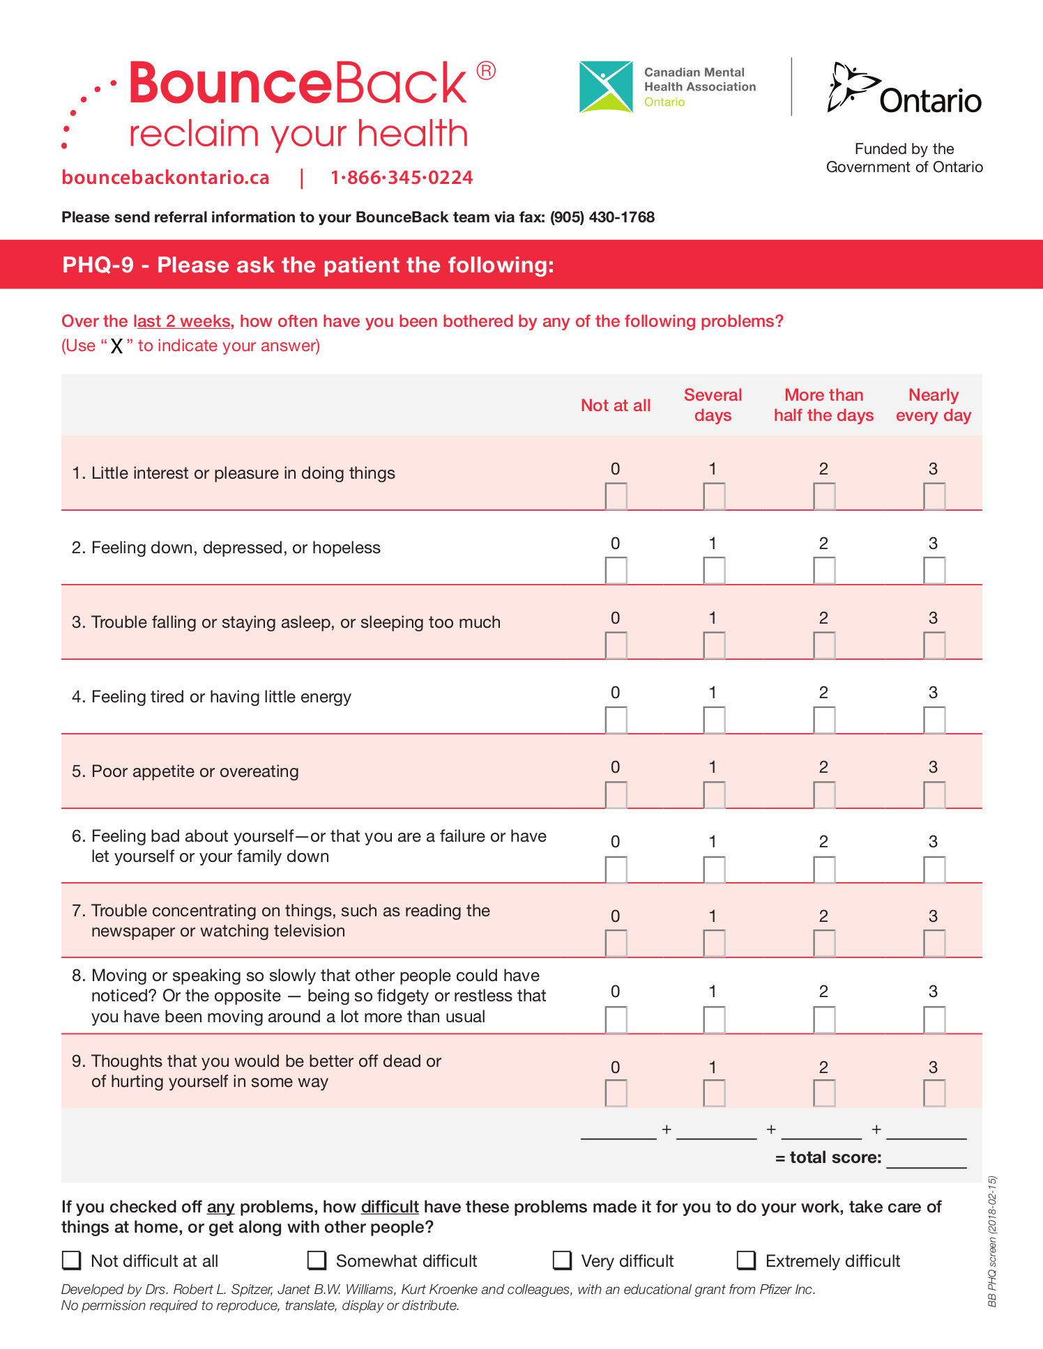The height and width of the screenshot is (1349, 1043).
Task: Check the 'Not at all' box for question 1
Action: coord(616,496)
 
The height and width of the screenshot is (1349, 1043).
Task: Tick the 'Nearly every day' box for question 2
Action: coord(934,571)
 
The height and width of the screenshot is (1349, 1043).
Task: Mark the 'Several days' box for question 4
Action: coord(714,720)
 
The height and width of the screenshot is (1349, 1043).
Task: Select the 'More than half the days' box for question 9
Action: coord(824,1093)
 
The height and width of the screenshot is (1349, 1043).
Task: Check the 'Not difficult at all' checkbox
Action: coord(72,1260)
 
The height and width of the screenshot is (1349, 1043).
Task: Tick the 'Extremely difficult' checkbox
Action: coord(747,1260)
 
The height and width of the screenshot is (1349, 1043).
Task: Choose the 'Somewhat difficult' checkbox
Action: coord(317,1260)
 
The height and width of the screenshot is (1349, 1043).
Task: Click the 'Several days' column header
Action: coord(713,405)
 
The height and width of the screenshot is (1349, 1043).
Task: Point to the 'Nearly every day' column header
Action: coord(934,405)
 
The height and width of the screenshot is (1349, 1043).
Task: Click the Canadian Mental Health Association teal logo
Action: coord(606,87)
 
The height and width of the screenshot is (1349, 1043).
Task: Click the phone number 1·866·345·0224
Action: coord(402,178)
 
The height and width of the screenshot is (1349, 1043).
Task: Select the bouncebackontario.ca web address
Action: coord(165,178)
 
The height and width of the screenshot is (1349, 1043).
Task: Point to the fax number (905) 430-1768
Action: coord(602,217)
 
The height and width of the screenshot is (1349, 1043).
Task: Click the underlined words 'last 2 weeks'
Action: coord(181,321)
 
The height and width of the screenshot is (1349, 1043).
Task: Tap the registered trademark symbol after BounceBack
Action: coord(486,71)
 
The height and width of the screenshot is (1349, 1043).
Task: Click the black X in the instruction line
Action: coord(116,346)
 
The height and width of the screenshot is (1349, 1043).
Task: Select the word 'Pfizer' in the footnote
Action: coord(776,1289)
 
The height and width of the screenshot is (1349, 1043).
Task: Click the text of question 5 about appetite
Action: coord(195,771)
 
